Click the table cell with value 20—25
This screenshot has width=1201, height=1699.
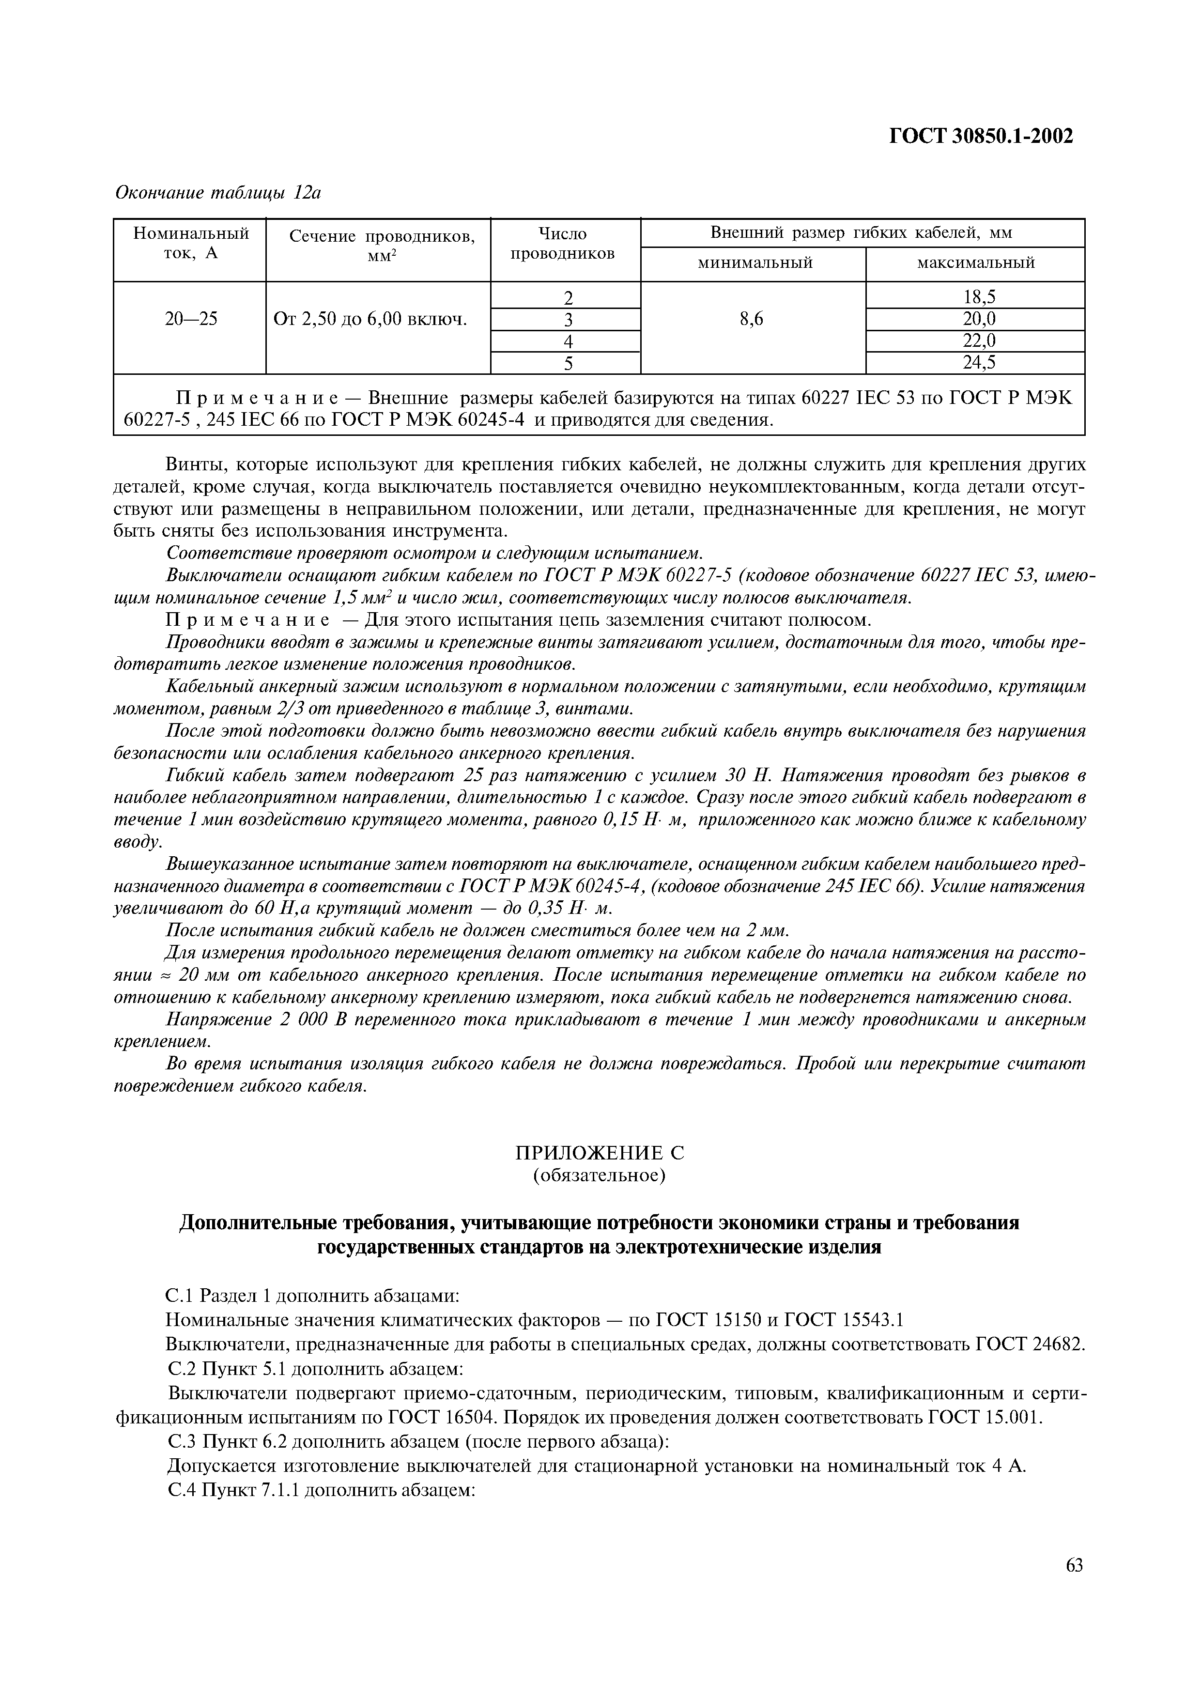(191, 319)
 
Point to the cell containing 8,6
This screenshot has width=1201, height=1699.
(751, 319)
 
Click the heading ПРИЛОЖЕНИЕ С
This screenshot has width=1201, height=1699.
(600, 1153)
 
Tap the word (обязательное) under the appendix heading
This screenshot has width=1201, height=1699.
(600, 1175)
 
